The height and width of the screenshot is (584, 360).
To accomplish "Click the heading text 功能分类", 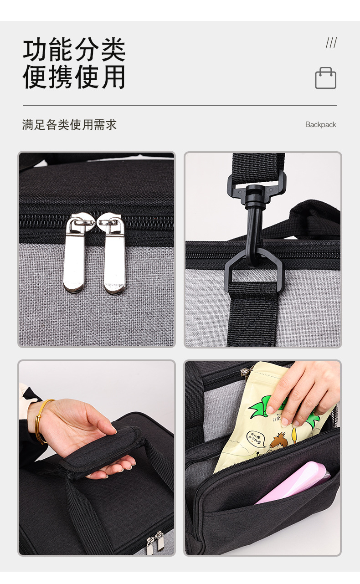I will (74, 50).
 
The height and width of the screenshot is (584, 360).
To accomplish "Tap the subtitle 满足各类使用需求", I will (69, 125).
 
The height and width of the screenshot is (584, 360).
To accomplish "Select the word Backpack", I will (320, 125).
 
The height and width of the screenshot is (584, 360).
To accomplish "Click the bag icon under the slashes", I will (325, 78).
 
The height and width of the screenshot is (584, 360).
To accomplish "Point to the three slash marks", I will (331, 43).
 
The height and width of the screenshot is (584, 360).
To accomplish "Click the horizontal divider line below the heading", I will (180, 106).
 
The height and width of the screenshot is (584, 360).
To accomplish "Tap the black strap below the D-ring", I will (253, 314).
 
